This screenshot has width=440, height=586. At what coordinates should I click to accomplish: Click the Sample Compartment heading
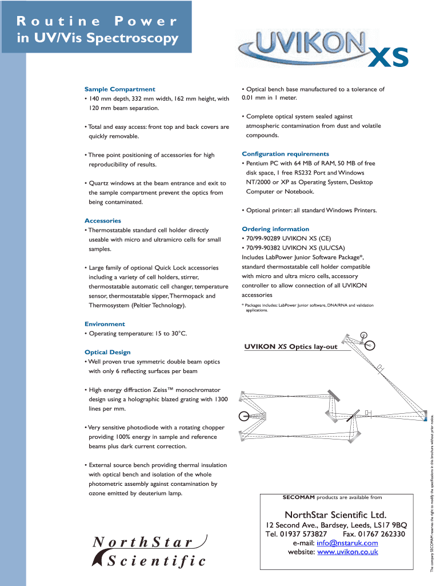pyautogui.click(x=119, y=89)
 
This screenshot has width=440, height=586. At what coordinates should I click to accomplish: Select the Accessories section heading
pyautogui.click(x=103, y=221)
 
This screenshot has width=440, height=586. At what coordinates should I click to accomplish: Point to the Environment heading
pyautogui.click(x=105, y=324)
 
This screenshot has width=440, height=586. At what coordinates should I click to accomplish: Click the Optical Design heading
pyautogui.click(x=107, y=353)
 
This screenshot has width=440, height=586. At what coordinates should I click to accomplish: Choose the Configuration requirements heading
pyautogui.click(x=285, y=154)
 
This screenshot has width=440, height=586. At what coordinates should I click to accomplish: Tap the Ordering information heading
pyautogui.click(x=275, y=229)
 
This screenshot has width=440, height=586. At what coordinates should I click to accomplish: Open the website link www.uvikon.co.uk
pyautogui.click(x=347, y=552)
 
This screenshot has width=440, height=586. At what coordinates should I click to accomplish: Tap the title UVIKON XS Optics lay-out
pyautogui.click(x=291, y=347)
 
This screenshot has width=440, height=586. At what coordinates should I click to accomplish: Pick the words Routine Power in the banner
pyautogui.click(x=97, y=22)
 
